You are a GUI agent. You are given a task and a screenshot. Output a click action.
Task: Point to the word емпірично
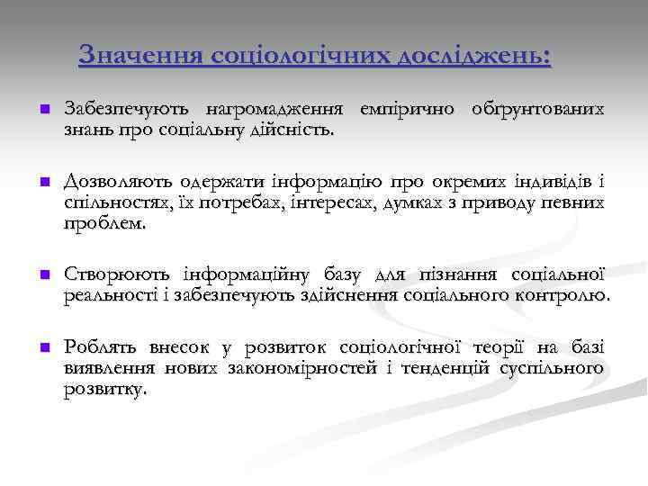tap(409, 110)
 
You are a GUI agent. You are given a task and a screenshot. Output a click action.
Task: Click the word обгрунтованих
tap(537, 110)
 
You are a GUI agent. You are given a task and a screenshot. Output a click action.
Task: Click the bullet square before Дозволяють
tap(42, 184)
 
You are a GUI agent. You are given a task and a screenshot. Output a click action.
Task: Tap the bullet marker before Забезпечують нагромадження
tap(42, 110)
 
